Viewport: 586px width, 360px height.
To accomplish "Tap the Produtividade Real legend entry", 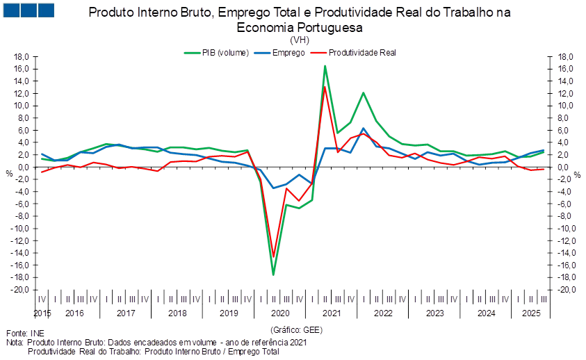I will click(361, 52).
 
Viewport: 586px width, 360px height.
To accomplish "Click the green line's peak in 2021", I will click(325, 66).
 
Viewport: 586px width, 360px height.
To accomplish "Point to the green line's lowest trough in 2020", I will click(274, 275).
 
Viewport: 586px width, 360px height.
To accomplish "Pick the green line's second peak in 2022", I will click(363, 92).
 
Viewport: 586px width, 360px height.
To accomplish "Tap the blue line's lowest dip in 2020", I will click(274, 188).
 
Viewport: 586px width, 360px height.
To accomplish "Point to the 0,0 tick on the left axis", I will click(23, 167).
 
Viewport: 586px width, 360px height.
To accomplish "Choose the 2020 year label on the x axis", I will click(280, 313).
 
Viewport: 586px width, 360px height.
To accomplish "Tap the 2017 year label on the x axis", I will click(125, 313).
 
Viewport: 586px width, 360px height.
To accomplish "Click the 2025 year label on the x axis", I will click(530, 313).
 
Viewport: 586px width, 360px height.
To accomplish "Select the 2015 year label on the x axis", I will click(42, 313).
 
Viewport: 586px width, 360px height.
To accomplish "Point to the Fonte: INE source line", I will click(19, 334).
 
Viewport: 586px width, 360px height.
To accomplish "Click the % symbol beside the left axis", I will click(9, 172).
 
